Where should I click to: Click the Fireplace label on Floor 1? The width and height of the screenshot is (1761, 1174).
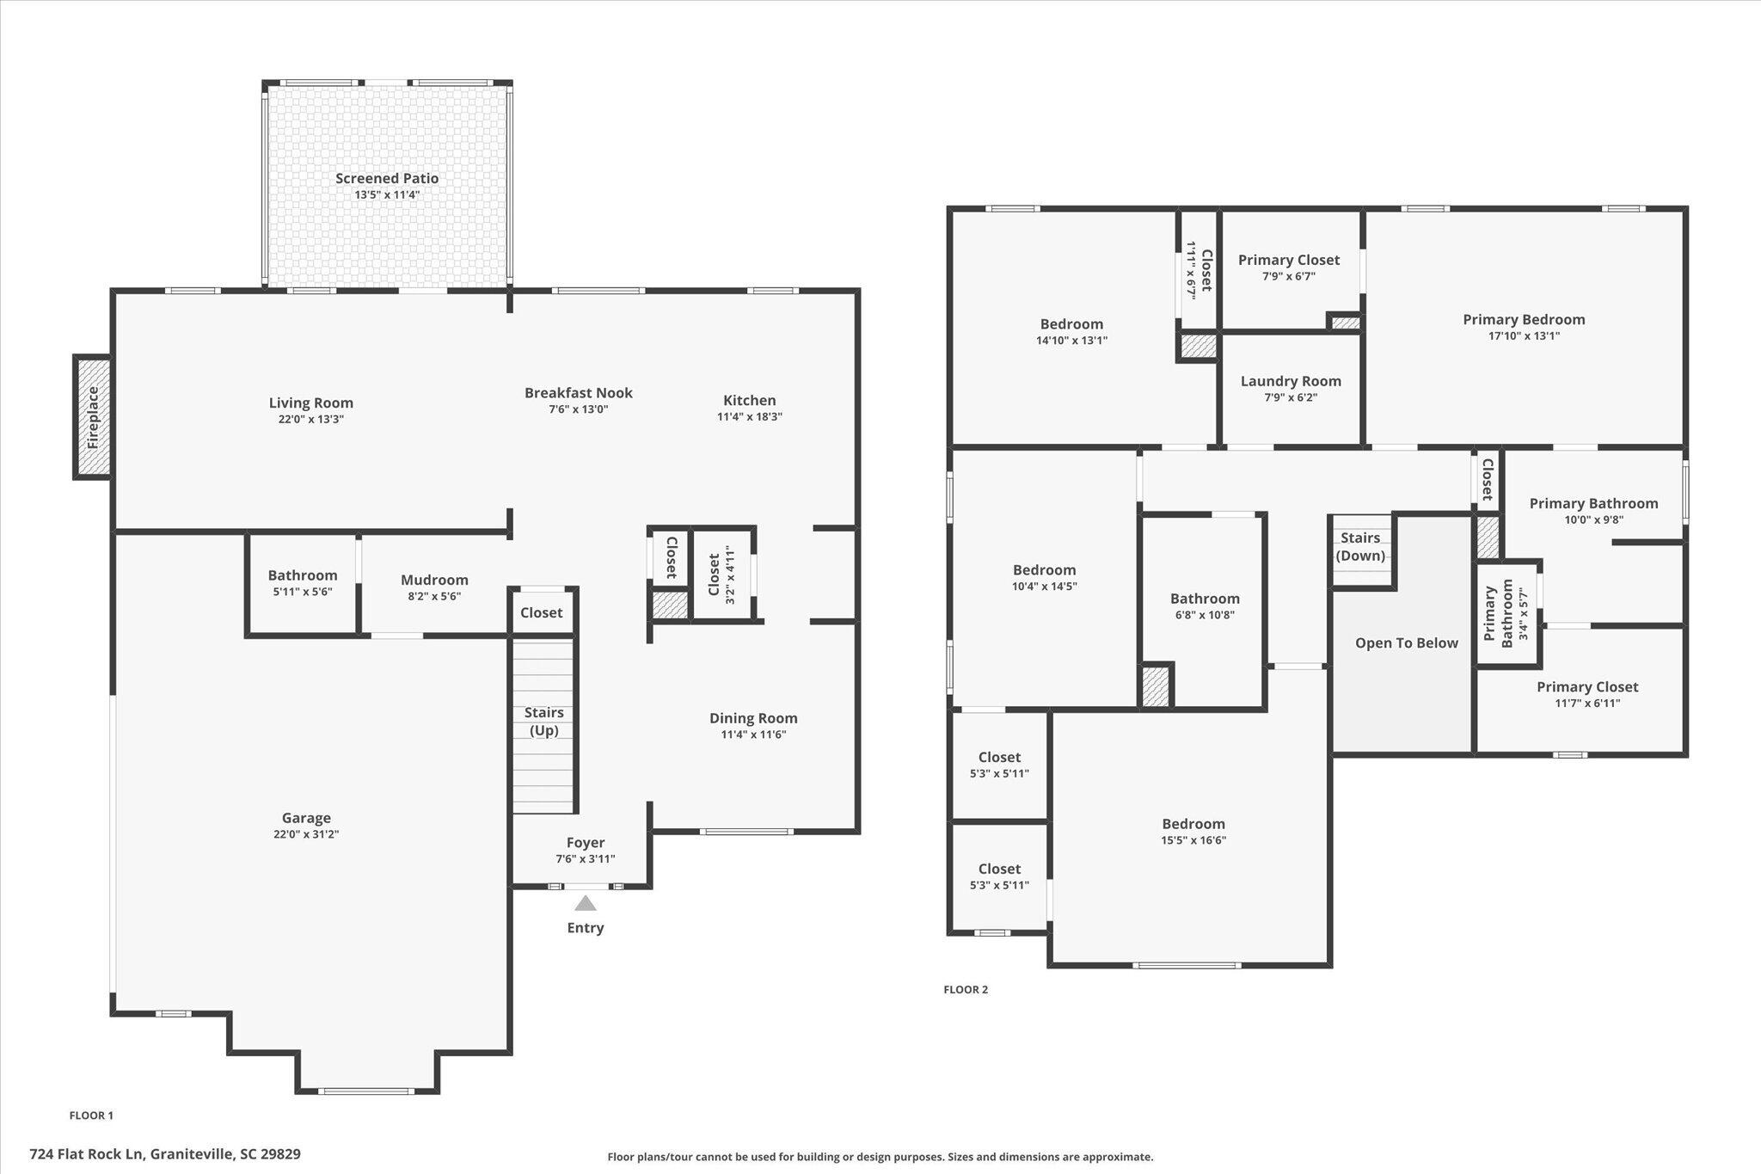pyautogui.click(x=94, y=417)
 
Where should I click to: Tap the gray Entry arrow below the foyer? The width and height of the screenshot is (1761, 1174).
pyautogui.click(x=586, y=903)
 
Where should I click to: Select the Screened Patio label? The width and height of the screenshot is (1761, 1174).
pyautogui.click(x=387, y=178)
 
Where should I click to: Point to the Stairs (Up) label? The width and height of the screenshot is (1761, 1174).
pyautogui.click(x=544, y=721)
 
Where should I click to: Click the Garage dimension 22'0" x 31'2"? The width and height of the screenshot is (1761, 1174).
pyautogui.click(x=306, y=833)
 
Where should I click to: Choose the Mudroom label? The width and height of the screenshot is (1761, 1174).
pyautogui.click(x=434, y=580)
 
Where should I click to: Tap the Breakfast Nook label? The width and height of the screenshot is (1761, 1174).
pyautogui.click(x=579, y=393)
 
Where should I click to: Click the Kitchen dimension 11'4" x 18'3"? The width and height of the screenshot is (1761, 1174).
pyautogui.click(x=750, y=416)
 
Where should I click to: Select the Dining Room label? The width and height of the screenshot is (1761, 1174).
pyautogui.click(x=753, y=718)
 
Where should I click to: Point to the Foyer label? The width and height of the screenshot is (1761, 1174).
pyautogui.click(x=586, y=843)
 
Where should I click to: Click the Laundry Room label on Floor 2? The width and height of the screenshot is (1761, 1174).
pyautogui.click(x=1291, y=381)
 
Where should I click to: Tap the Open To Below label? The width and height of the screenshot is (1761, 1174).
pyautogui.click(x=1407, y=642)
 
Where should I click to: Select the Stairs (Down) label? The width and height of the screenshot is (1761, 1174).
pyautogui.click(x=1360, y=546)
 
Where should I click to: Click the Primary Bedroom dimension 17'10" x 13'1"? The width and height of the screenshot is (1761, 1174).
pyautogui.click(x=1524, y=335)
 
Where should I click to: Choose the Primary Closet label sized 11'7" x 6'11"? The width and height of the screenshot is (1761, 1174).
pyautogui.click(x=1587, y=686)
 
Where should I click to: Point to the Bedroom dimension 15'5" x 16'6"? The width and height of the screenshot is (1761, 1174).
pyautogui.click(x=1193, y=839)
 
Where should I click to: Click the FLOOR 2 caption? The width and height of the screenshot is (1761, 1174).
pyautogui.click(x=966, y=989)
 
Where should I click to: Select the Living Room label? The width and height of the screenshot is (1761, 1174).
pyautogui.click(x=311, y=403)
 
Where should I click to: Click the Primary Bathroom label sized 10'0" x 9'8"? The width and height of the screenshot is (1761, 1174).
pyautogui.click(x=1593, y=503)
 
